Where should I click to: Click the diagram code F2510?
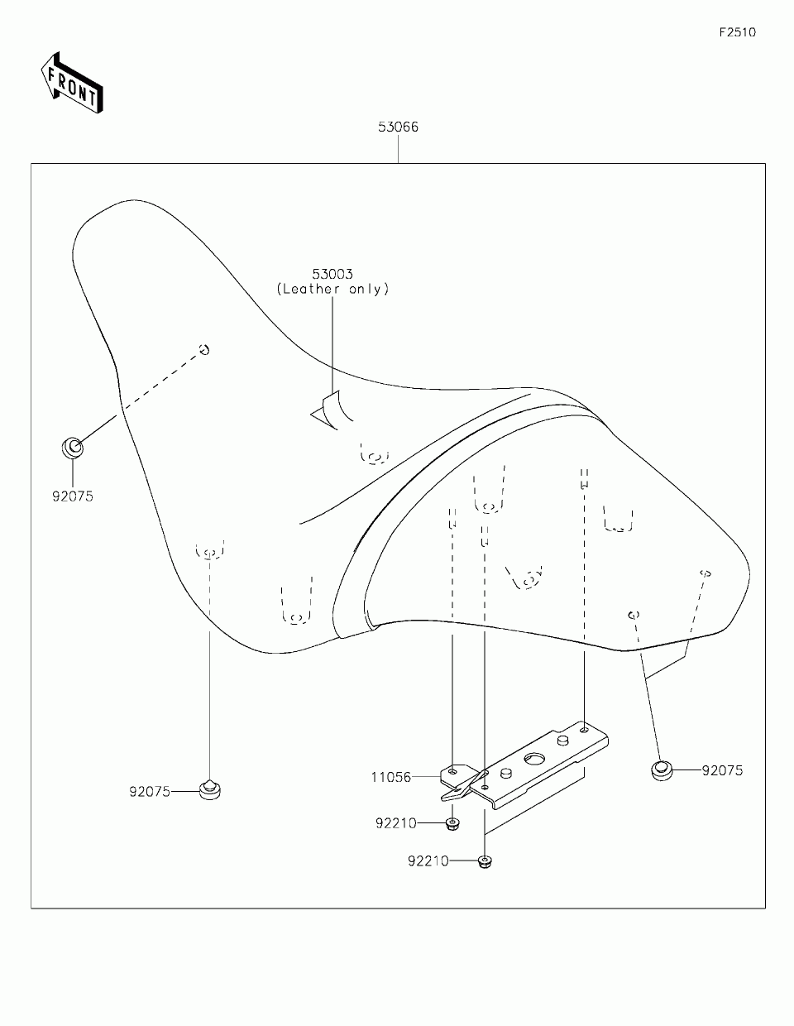(x=736, y=33)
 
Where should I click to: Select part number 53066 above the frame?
(x=398, y=127)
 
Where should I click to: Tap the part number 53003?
(x=332, y=274)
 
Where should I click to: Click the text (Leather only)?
(x=332, y=289)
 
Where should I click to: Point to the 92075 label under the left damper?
(x=73, y=496)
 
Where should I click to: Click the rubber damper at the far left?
(x=73, y=448)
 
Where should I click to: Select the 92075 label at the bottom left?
(x=149, y=791)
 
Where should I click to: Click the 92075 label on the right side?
(x=722, y=771)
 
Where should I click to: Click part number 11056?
(x=391, y=777)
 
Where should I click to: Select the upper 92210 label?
(x=395, y=823)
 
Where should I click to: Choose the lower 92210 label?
(x=428, y=861)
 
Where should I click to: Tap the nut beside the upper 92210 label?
(x=452, y=823)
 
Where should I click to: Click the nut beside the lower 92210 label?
(x=484, y=861)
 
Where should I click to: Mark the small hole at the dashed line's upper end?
(x=203, y=349)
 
